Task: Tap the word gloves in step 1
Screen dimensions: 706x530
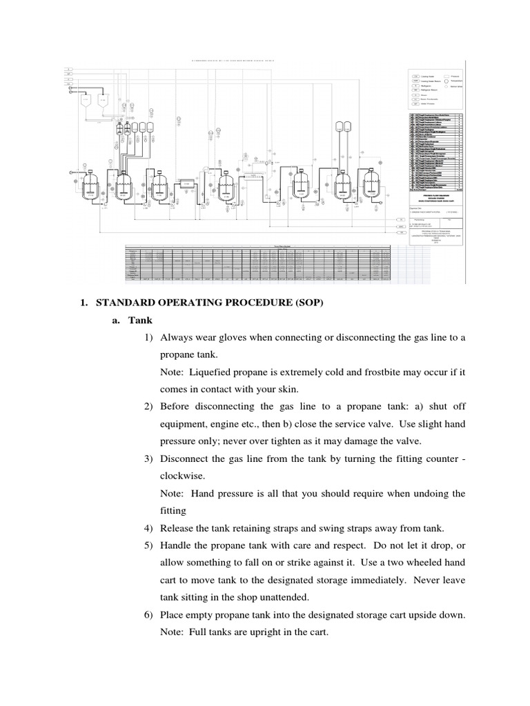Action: (x=238, y=338)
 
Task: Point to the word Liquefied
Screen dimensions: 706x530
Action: (x=215, y=372)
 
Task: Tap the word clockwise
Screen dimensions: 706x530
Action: (x=182, y=476)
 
